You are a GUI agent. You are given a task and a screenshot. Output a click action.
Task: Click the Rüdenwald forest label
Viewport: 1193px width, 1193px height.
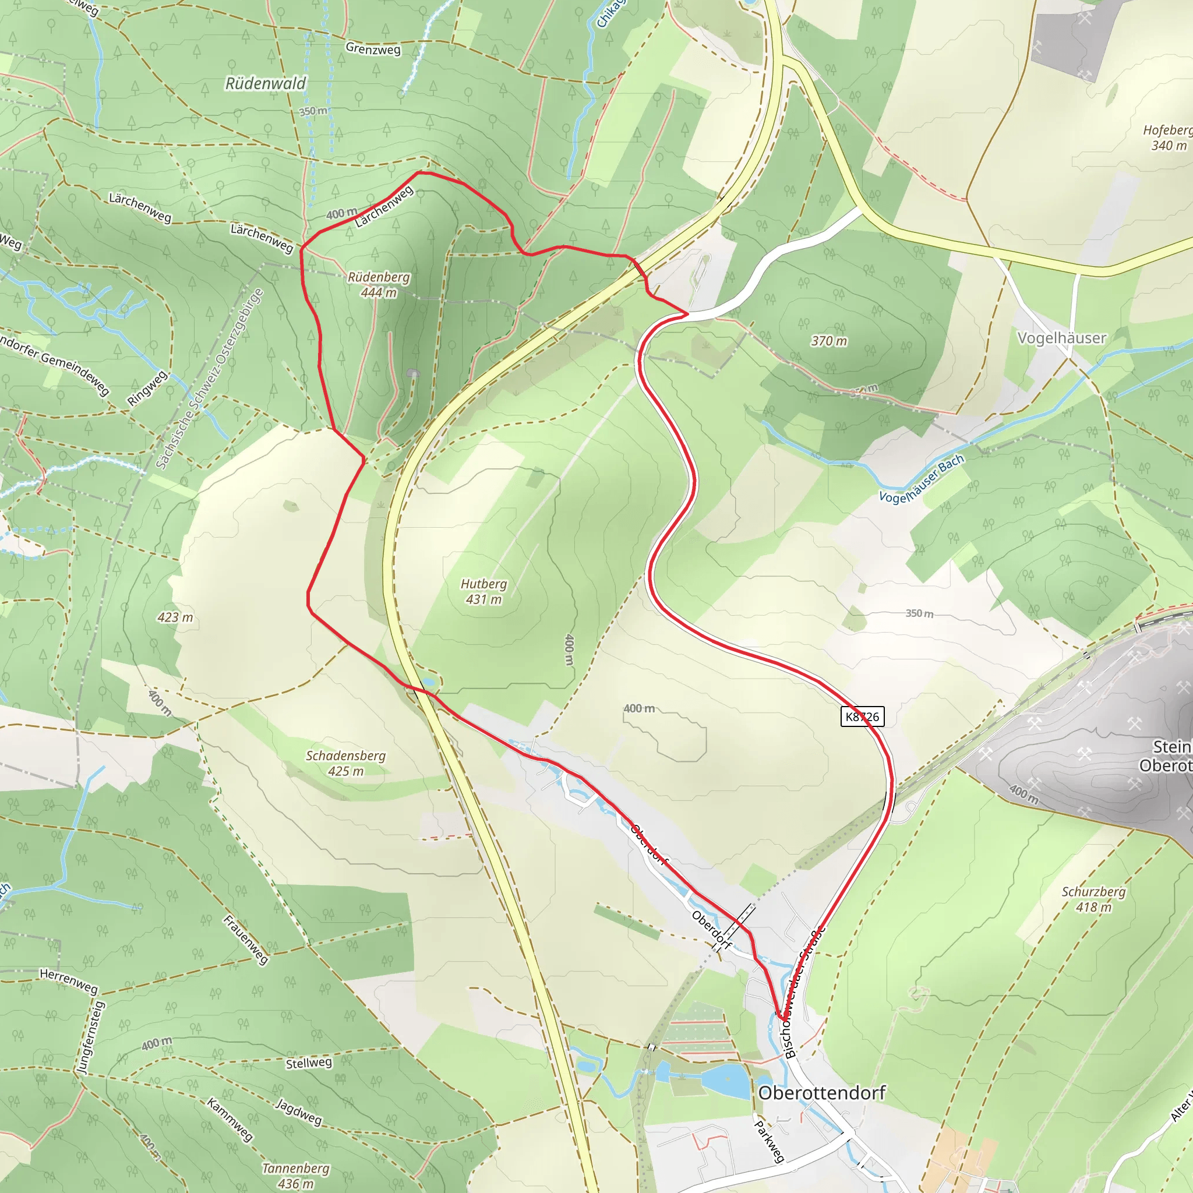pos(266,83)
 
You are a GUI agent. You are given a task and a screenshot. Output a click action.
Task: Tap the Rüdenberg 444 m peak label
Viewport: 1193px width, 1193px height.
pos(379,285)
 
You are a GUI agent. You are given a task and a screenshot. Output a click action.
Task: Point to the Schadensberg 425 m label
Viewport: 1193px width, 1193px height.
pos(346,763)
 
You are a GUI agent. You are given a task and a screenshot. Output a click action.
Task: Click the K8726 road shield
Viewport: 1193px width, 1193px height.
pos(862,716)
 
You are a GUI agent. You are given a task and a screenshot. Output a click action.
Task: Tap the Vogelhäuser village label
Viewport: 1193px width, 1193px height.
pos(1061,338)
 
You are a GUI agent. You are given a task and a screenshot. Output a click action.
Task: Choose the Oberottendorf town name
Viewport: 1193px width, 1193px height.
pos(821,1092)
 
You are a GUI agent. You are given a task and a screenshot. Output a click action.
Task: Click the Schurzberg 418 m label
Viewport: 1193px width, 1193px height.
pos(1093,899)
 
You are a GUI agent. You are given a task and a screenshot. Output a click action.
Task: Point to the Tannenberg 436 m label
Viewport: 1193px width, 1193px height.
pos(295,1176)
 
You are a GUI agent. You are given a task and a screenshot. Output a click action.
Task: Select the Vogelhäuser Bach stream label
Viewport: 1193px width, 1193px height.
pos(921,479)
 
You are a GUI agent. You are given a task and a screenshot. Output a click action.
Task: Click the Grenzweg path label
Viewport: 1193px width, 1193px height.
pos(373,49)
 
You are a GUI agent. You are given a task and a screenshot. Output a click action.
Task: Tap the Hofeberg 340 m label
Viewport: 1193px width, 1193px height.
pos(1167,137)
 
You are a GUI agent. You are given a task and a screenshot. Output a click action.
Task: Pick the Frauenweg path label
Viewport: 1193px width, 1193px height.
pos(246,940)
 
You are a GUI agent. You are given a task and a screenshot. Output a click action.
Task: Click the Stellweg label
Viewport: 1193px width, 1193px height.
pos(309,1063)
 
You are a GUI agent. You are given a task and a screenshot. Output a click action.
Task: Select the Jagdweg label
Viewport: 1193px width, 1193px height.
pos(299,1111)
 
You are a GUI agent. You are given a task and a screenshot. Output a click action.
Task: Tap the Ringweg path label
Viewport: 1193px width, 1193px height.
pos(147,389)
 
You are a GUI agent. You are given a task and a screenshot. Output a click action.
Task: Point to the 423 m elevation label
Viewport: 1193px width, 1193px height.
pos(175,617)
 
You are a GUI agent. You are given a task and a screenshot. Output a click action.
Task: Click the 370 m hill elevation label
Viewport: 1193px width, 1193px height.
pos(829,341)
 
